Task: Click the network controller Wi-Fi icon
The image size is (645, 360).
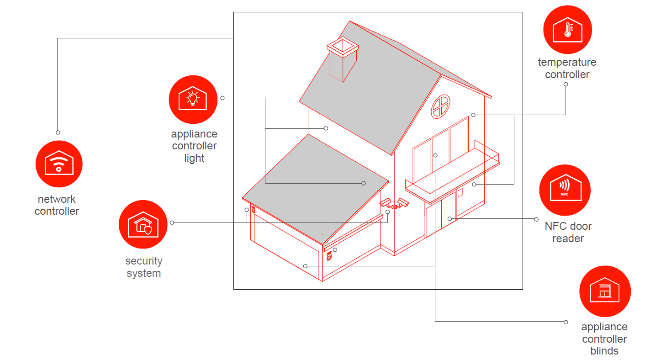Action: pos(59,164)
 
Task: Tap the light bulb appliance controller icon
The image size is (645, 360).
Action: pos(193,99)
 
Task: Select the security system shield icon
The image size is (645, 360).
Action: pos(143,224)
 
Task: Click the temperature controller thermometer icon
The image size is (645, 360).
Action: pos(567,30)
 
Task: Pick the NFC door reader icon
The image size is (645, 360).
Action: pos(565,190)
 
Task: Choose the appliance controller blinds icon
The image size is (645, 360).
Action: pos(605,291)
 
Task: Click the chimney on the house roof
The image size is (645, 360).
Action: pos(343,59)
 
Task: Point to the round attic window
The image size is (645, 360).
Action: pos(440,106)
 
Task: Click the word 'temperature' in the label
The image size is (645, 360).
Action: pos(567,62)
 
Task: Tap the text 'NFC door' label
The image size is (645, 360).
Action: pos(568,226)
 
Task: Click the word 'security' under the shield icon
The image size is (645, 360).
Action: pos(144,261)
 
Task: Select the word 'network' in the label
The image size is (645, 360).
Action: pos(57,199)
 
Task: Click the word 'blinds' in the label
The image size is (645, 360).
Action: pos(604,351)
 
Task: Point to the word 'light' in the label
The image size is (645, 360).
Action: pos(194,158)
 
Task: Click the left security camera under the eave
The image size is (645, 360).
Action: pos(386,202)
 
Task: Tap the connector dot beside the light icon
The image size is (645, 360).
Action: pos(222,98)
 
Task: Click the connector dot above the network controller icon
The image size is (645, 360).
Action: pos(58,132)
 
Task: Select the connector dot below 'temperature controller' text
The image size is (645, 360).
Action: pos(566,85)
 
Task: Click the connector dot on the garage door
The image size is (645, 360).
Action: pos(305,266)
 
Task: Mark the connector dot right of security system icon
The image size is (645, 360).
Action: pos(172,222)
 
